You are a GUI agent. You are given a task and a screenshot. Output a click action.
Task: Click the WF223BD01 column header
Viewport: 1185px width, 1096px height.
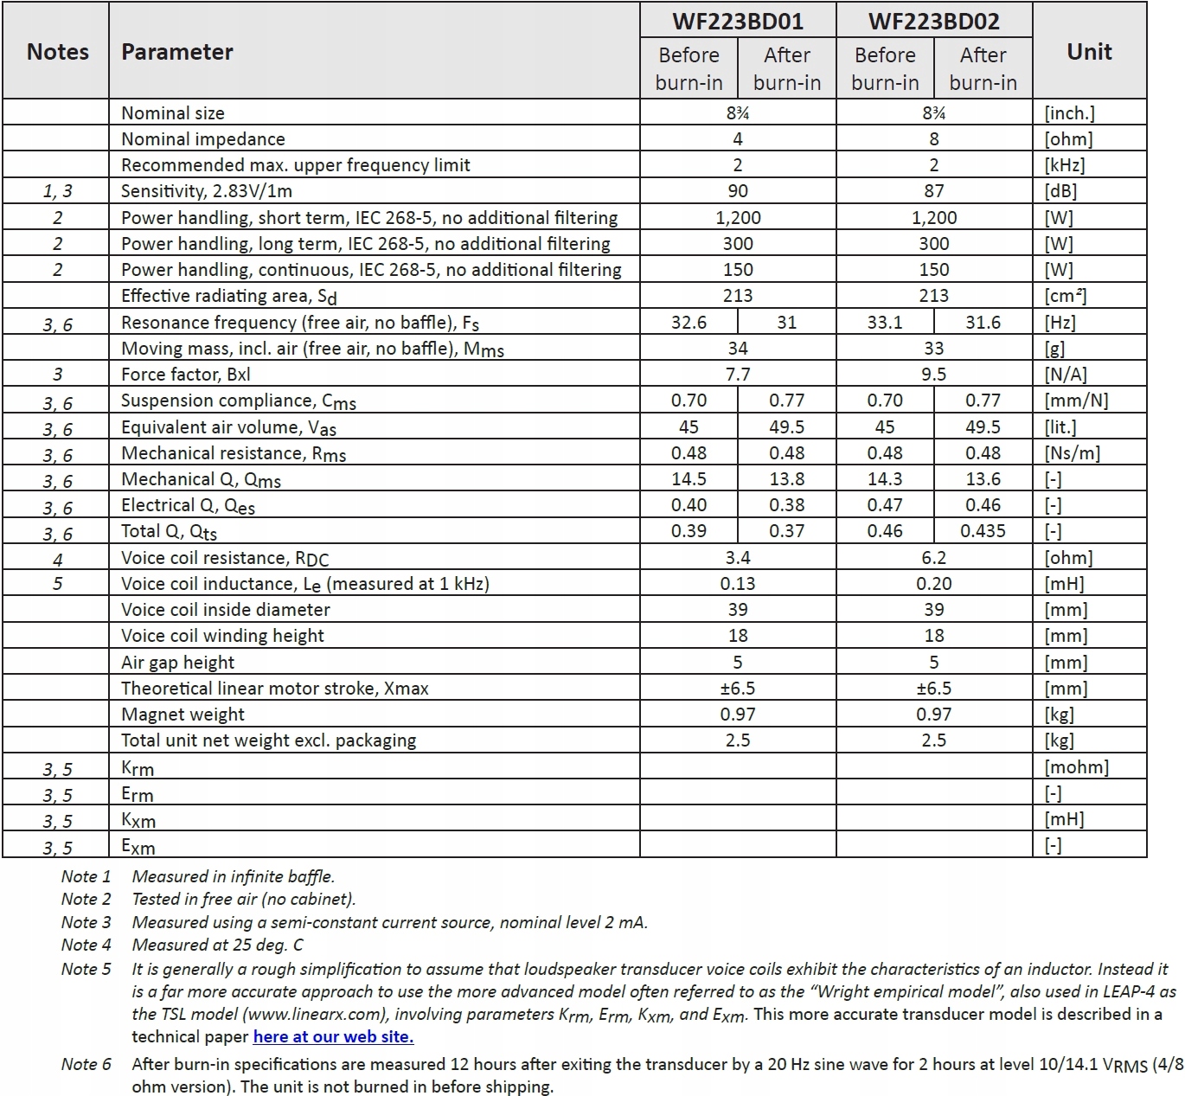click(737, 21)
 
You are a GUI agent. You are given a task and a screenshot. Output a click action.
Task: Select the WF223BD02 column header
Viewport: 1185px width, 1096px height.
click(933, 21)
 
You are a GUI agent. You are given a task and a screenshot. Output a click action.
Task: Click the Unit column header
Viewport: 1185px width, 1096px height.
click(1089, 52)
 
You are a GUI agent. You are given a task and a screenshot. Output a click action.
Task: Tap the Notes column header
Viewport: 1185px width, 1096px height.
click(58, 52)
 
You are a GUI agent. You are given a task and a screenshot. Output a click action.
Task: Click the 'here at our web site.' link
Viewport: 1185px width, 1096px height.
click(333, 1036)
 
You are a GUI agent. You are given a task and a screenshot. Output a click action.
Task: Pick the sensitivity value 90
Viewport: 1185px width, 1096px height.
click(738, 191)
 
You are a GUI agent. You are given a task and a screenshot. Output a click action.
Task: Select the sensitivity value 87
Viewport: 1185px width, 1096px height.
click(934, 191)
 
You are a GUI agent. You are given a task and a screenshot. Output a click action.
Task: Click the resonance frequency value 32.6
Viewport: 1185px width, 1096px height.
click(689, 323)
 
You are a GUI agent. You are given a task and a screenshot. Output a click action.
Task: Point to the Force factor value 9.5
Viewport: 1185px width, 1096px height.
click(934, 375)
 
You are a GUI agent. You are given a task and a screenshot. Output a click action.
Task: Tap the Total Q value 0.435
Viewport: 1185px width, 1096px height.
click(983, 531)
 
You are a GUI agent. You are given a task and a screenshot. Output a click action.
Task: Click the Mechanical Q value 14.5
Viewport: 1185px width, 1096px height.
click(689, 479)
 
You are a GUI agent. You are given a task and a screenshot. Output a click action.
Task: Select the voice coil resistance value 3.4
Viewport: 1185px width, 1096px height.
click(738, 558)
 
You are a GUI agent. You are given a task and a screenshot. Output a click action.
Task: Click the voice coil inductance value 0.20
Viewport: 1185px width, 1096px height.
click(934, 584)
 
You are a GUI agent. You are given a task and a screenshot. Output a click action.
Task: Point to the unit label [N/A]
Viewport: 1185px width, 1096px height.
click(1066, 375)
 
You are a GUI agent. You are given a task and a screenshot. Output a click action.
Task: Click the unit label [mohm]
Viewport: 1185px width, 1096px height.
click(1076, 767)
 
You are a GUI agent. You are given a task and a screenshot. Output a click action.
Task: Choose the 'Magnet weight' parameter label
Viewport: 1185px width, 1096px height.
click(183, 715)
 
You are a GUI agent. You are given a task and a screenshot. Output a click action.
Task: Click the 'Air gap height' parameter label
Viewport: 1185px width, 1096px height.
click(177, 663)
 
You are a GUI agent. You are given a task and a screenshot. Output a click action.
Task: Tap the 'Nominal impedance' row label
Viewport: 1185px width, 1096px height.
click(202, 139)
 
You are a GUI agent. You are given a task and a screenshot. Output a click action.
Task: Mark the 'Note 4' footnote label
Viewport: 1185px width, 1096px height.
click(86, 945)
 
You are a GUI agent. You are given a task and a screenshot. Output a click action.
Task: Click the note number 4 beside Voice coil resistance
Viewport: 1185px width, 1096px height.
click(58, 559)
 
